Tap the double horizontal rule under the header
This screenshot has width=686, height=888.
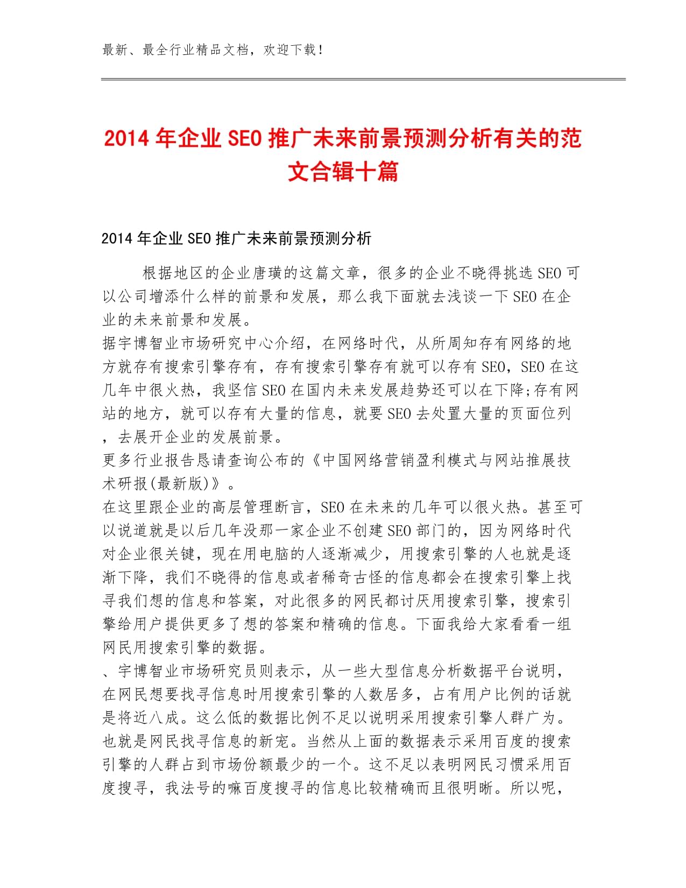363,80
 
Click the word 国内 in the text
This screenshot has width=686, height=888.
322,390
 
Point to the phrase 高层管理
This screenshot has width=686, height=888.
251,507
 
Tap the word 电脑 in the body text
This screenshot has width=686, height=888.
259,554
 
